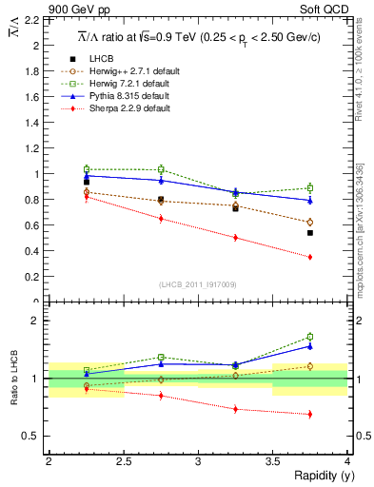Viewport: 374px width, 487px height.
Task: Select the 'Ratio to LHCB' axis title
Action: tap(12, 379)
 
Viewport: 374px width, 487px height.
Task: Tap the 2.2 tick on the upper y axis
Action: tap(35, 19)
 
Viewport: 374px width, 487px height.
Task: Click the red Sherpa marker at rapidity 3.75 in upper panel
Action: tap(310, 257)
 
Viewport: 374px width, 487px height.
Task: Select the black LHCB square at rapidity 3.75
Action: tap(310, 233)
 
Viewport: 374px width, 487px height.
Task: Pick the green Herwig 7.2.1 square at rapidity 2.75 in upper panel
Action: tap(161, 169)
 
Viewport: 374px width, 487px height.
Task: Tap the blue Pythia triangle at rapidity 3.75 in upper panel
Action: tap(310, 200)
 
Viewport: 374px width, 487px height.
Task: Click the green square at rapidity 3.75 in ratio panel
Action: tap(310, 337)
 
